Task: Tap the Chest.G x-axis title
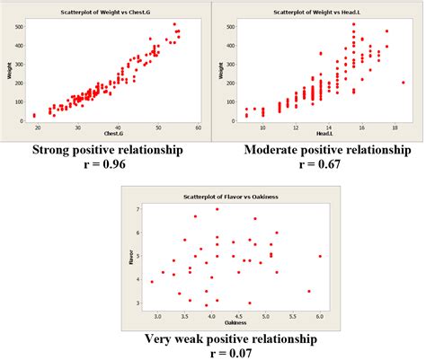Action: [114, 136]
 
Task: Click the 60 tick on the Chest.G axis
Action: [198, 127]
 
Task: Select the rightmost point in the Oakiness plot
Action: [320, 256]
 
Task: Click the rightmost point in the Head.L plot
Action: [403, 83]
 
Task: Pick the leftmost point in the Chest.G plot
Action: [34, 115]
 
